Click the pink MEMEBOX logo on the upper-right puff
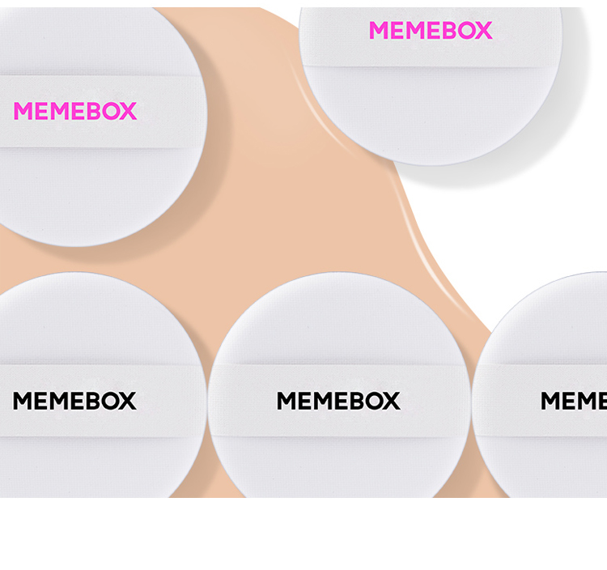coord(431,31)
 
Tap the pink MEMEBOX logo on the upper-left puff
coord(75,111)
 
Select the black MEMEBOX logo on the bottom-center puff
coord(338,401)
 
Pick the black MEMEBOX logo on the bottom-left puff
coord(74,401)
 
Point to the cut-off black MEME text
coord(574,401)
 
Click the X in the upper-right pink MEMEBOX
coord(482,31)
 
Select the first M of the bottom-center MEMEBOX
coord(287,401)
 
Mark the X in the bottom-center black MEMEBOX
coord(391,401)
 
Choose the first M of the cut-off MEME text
coord(551,401)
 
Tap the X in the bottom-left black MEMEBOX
coord(127,401)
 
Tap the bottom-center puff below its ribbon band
coord(338,466)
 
